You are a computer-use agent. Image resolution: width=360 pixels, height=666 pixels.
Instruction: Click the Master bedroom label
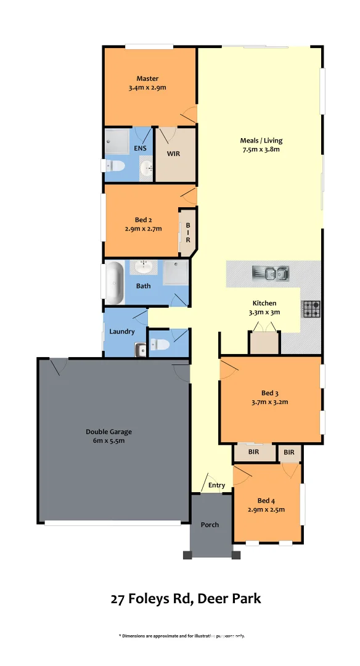click(x=147, y=79)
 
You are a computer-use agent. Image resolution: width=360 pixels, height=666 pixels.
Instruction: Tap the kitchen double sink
click(x=271, y=273)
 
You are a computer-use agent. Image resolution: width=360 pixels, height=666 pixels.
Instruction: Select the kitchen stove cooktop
click(x=311, y=309)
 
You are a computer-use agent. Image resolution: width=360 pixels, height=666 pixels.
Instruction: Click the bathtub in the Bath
click(x=114, y=283)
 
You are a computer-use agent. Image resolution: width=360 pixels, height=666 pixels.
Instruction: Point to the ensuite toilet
click(x=115, y=166)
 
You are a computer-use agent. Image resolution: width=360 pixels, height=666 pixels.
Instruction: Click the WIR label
click(x=174, y=154)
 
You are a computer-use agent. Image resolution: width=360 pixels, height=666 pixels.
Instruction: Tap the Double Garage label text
click(x=108, y=432)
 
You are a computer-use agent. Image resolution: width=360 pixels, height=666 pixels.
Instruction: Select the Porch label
click(x=210, y=525)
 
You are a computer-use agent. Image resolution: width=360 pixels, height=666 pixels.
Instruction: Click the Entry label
click(x=216, y=485)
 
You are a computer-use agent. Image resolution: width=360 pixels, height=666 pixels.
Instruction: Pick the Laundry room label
click(x=122, y=332)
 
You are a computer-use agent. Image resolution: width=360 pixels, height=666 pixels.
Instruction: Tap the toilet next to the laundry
click(x=158, y=345)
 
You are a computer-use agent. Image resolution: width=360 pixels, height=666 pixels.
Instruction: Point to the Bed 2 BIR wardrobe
click(x=187, y=232)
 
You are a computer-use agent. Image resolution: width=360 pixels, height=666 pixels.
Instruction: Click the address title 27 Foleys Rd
click(x=186, y=598)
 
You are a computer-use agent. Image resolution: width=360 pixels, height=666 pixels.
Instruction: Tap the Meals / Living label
click(x=261, y=141)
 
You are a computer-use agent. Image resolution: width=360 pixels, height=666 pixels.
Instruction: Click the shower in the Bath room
click(x=174, y=271)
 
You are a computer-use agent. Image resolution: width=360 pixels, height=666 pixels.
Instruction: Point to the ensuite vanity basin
click(x=146, y=168)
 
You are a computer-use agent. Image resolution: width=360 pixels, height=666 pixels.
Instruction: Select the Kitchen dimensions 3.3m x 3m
click(x=264, y=312)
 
